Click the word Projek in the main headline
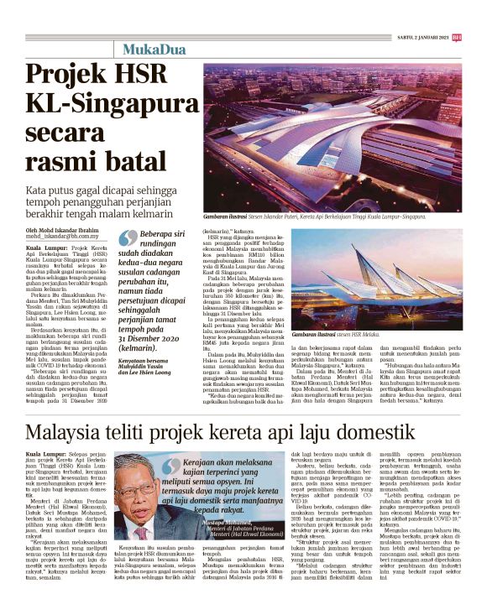pyautogui.click(x=70, y=76)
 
